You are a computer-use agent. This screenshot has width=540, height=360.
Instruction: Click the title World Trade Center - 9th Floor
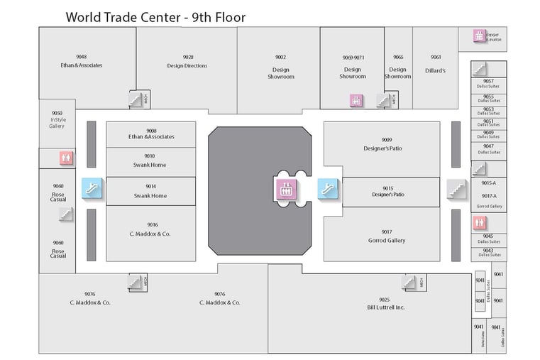[x=155, y=16]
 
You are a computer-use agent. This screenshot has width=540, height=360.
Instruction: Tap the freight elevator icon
[x=479, y=36]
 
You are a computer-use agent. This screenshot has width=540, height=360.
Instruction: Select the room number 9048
[x=82, y=57]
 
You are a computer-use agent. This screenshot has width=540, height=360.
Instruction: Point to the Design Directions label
[x=187, y=66]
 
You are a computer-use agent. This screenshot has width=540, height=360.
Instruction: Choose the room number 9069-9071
[x=353, y=57]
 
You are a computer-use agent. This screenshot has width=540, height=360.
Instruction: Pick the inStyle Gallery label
[x=57, y=122]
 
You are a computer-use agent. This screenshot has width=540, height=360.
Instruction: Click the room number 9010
[x=150, y=156]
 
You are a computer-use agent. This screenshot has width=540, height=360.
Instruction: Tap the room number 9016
[x=153, y=224]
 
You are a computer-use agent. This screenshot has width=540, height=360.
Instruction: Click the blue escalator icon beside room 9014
[x=92, y=187]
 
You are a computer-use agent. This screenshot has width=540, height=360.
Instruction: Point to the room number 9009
[x=387, y=140]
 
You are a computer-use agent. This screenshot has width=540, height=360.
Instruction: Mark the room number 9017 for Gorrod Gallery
[x=387, y=231]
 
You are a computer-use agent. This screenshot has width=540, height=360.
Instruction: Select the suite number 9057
[x=488, y=81]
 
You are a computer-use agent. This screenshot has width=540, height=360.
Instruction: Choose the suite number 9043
[x=488, y=250]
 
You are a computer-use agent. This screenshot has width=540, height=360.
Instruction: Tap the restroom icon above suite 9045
[x=479, y=223]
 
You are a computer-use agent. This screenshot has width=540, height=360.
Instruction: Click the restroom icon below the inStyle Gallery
[x=66, y=158]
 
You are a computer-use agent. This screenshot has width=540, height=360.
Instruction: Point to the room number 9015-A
[x=489, y=182]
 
